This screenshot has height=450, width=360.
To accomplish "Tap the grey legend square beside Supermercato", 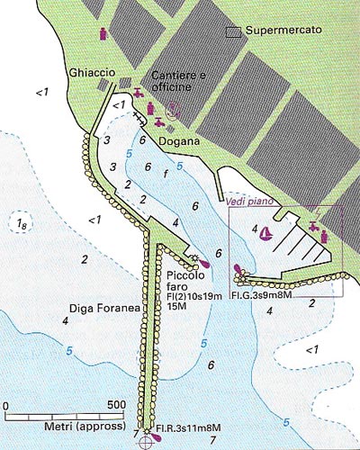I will [x=233, y=31].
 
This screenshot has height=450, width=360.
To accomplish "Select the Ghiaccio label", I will [x=87, y=71].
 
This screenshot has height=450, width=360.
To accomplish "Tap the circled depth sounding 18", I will [x=19, y=223].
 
